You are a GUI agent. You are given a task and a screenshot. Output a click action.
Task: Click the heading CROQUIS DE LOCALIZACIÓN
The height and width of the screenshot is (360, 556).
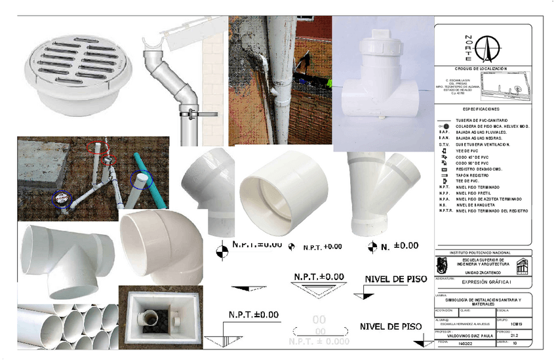pos(481,68)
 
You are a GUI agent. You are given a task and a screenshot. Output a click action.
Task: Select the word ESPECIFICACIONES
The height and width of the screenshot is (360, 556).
pos(481,109)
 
